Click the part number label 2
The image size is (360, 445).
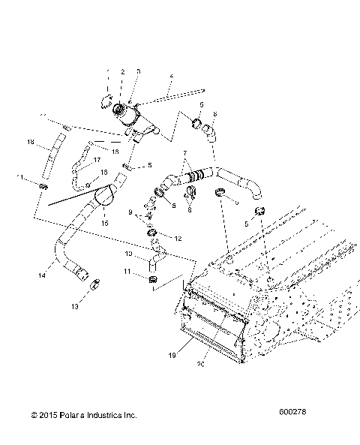point(122,71)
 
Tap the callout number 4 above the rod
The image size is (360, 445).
point(171,77)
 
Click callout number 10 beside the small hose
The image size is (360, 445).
point(129,254)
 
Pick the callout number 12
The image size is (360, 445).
point(178,238)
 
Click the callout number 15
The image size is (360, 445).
point(104,223)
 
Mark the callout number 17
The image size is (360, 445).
point(97,160)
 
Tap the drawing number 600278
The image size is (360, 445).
point(293,413)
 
